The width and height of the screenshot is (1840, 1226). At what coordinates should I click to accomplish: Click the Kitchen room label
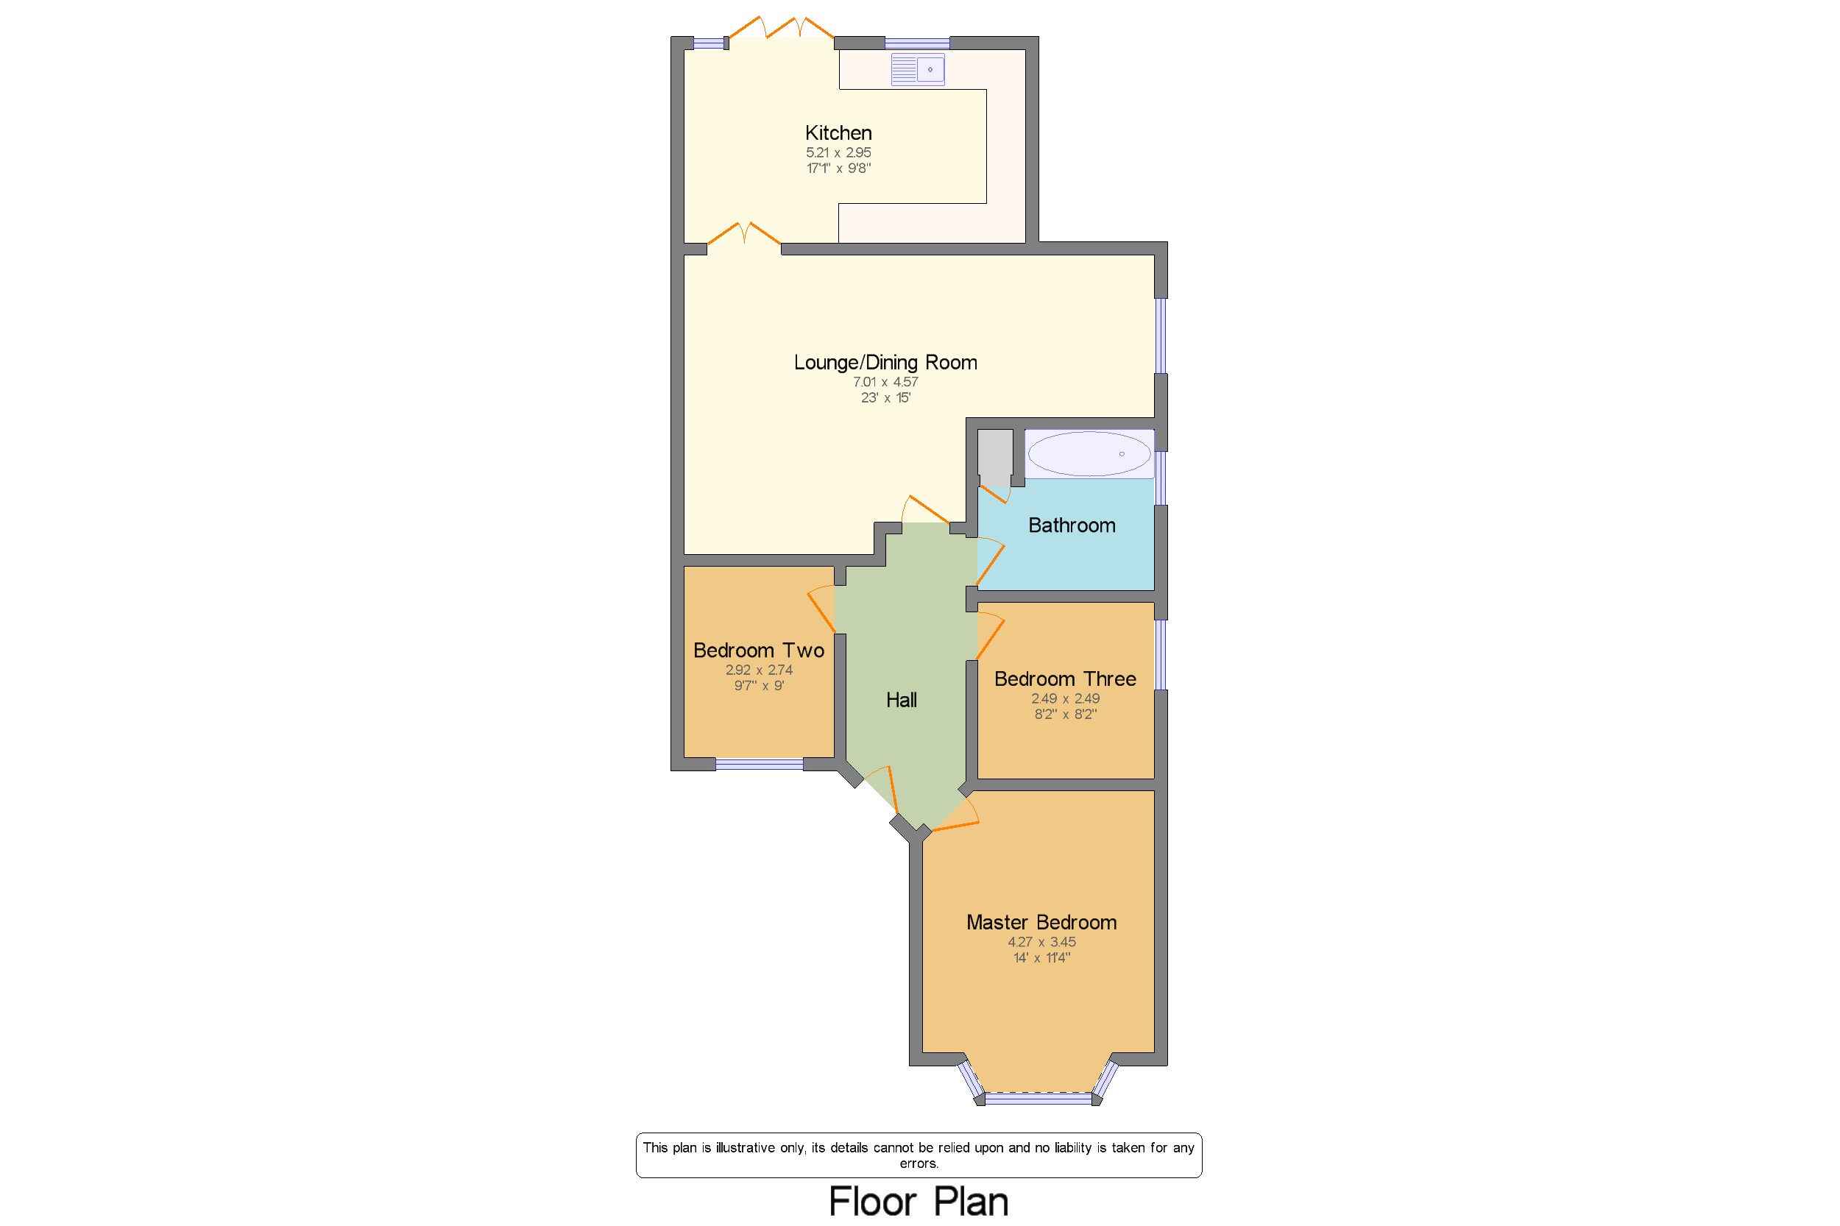coord(838,133)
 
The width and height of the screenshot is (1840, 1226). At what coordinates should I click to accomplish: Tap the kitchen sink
coord(917,69)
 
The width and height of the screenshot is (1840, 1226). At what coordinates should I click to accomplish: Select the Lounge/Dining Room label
coord(885,362)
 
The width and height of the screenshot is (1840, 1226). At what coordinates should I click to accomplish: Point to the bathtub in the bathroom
coord(1089,453)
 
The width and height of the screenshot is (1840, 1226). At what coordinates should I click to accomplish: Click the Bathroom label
coord(1072,525)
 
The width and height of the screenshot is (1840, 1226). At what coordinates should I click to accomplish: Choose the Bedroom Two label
coord(759,651)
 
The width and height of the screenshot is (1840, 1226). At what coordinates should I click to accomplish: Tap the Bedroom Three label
coord(1065,678)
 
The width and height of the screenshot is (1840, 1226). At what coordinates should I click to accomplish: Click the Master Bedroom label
coord(1041,923)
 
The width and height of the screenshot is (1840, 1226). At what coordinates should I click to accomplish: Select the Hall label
coord(901,700)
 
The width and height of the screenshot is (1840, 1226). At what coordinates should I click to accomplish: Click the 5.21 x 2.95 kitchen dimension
coord(838,152)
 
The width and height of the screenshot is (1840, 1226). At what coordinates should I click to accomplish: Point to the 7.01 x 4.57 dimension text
coord(885,381)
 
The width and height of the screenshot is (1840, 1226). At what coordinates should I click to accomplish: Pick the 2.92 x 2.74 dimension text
coord(759,670)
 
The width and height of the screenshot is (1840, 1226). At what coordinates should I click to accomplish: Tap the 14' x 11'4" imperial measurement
coord(1041,958)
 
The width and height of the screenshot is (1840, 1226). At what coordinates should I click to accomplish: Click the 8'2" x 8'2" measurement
coord(1065,714)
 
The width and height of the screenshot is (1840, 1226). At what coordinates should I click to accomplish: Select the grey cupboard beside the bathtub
coord(994,458)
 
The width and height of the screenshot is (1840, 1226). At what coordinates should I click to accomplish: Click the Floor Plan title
coord(918,1201)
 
